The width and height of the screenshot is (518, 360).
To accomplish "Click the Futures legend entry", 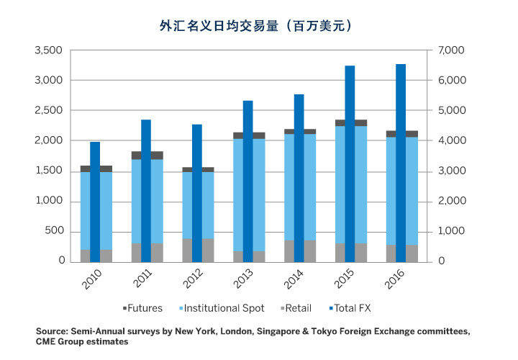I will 142,308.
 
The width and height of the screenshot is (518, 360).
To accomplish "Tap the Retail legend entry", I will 294,308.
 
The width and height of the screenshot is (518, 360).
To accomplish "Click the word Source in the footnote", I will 53,331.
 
